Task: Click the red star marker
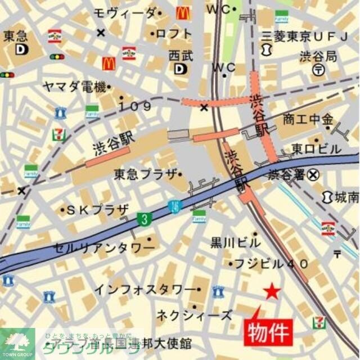tap(272, 291)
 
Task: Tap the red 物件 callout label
tap(268, 331)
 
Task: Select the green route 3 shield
tap(146, 219)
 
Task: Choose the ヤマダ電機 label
tap(75, 87)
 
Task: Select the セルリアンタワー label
tap(104, 247)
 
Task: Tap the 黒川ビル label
tap(236, 243)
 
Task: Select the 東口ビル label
tap(316, 149)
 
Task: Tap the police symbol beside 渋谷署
tap(313, 175)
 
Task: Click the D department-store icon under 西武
tap(180, 69)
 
